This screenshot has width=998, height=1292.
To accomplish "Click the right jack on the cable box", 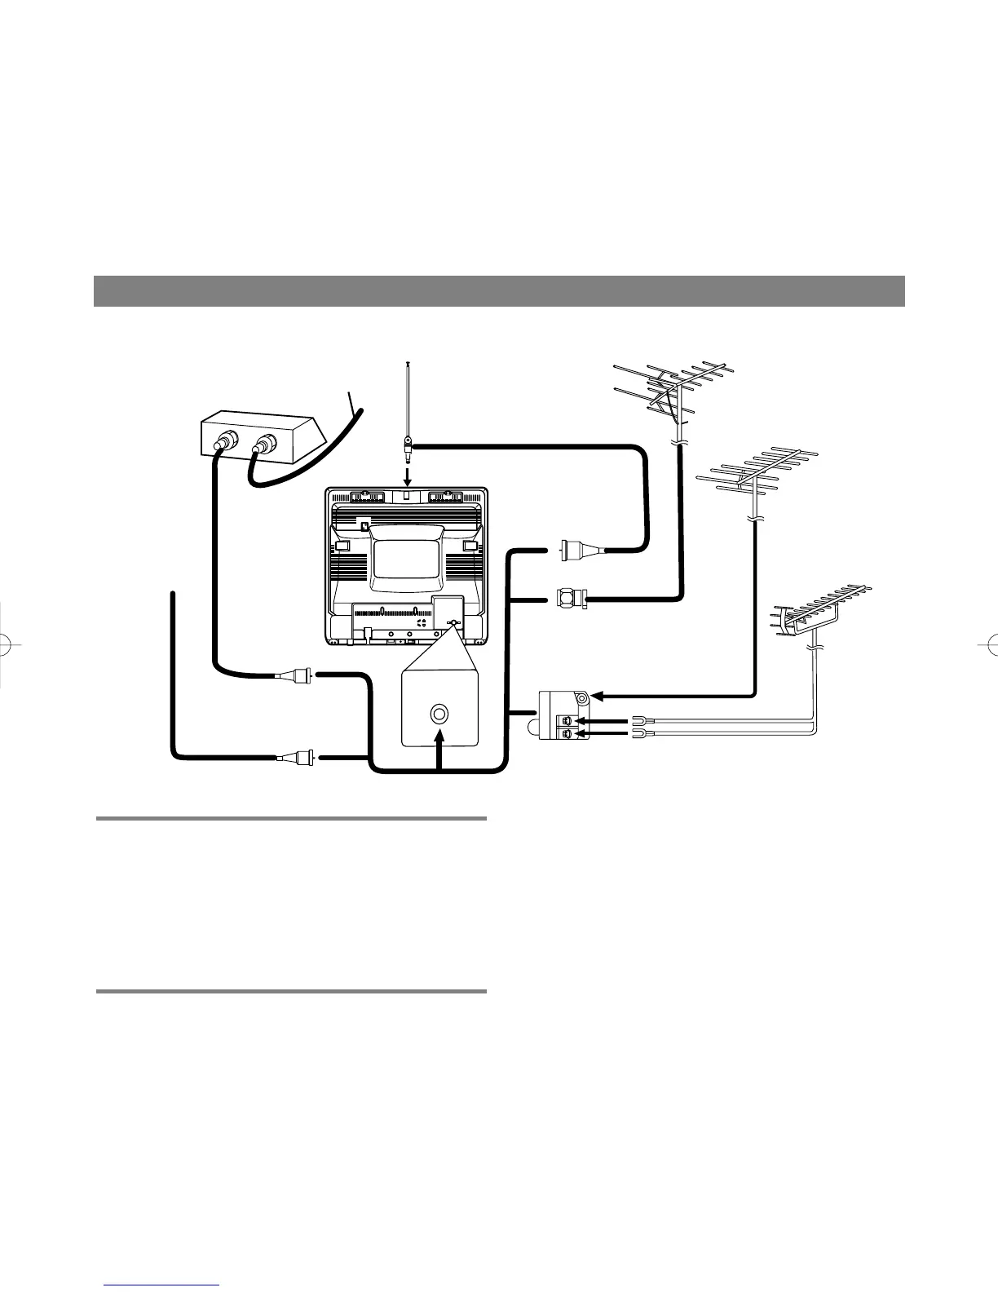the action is pyautogui.click(x=264, y=445).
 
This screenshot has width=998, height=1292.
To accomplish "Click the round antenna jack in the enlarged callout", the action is pyautogui.click(x=439, y=714).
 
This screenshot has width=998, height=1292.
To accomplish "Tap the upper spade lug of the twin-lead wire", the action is pyautogui.click(x=637, y=721).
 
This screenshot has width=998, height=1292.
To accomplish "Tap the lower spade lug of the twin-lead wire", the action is pyautogui.click(x=637, y=735).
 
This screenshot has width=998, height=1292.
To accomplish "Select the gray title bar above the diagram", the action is pyautogui.click(x=499, y=290).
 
